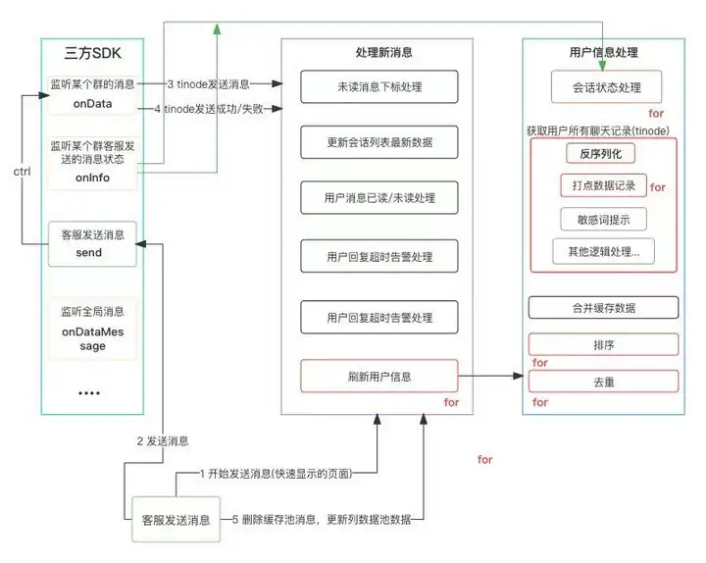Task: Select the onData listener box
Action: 91,93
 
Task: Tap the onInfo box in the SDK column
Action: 91,162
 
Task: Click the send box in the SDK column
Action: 91,243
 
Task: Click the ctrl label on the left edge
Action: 21,173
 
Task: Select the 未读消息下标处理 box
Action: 378,87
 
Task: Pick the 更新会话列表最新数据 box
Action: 378,142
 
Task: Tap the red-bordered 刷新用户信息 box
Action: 378,376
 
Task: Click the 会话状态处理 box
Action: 605,87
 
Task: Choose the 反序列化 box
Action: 600,154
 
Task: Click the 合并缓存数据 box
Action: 603,307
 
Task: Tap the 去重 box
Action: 603,382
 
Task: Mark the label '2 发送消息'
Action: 162,441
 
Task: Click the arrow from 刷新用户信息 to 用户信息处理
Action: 490,376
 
